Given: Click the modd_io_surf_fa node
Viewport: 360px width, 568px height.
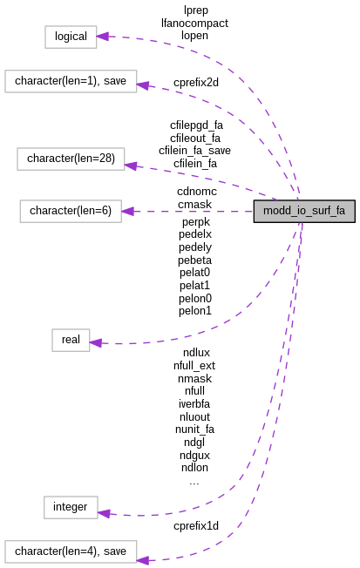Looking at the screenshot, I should click(x=304, y=211).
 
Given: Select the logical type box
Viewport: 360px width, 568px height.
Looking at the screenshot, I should click(x=70, y=37).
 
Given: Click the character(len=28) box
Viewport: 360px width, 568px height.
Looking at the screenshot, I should click(x=71, y=159).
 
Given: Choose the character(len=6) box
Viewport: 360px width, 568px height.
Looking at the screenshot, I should click(x=71, y=210).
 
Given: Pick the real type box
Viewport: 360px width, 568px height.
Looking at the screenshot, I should click(x=70, y=340).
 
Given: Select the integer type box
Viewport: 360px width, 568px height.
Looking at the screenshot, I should click(x=70, y=506).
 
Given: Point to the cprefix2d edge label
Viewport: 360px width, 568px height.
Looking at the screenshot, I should click(x=196, y=82).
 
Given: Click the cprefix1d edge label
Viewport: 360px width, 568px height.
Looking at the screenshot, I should click(x=196, y=525).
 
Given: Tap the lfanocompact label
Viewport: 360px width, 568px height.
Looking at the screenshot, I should click(x=195, y=24).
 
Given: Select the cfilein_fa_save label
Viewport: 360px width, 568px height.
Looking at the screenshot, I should click(x=194, y=151).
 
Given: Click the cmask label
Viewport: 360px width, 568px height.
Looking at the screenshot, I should click(x=194, y=204).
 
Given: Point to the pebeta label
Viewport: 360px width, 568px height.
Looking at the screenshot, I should click(x=195, y=260).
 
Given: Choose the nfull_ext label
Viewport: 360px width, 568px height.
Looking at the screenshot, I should click(x=194, y=366).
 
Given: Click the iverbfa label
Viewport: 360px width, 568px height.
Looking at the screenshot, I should click(x=194, y=403).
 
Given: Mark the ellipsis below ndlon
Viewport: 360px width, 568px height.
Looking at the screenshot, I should click(x=194, y=480).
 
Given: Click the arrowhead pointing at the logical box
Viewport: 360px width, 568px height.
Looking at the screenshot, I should click(x=102, y=37).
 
